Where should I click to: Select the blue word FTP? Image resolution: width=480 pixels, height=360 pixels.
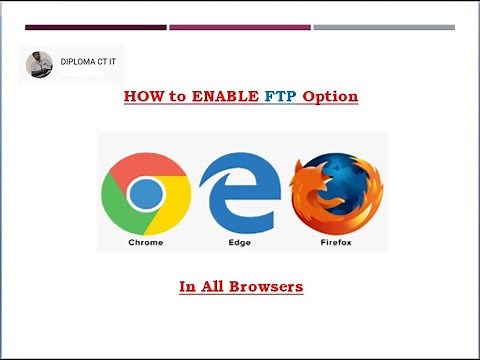coord(281,98)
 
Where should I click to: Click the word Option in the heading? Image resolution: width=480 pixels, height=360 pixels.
coord(329,98)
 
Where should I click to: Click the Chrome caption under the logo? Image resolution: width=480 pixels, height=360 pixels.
coord(146,242)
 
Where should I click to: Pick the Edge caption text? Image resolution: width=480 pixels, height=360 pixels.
coord(240,242)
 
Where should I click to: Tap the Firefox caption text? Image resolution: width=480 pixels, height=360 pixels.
coord(335,242)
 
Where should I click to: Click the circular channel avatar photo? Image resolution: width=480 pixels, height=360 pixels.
coord(39,65)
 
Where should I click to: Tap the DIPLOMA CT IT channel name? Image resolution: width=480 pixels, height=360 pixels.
coord(88,61)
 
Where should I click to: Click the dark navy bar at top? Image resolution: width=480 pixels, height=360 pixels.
coord(95,27)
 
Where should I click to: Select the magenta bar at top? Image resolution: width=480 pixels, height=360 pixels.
coord(239,27)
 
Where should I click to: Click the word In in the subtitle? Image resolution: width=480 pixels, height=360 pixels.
coord(187,287)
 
